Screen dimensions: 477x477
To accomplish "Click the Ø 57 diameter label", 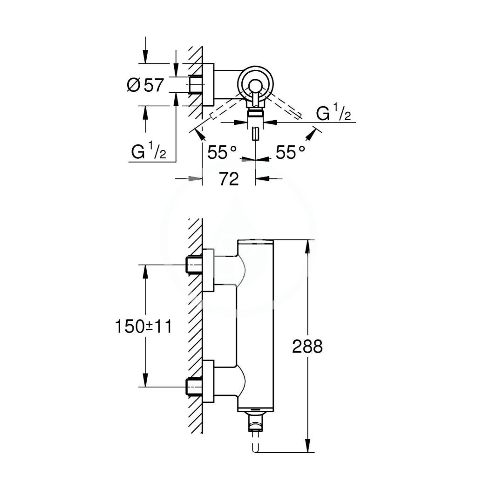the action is coord(145,85).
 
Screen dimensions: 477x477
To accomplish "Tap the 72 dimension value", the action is coord(229,179).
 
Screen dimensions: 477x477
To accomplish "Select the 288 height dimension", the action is coord(307,346).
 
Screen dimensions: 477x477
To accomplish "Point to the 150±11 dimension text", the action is coord(143,327).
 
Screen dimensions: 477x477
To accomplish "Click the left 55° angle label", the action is coord(222,152).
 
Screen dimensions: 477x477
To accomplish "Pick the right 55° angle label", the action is coord(290,152).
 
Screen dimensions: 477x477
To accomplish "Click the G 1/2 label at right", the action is coord(334,112).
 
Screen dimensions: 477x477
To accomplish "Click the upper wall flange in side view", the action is coord(208,270).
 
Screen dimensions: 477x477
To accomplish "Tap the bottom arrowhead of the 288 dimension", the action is coord(308,445).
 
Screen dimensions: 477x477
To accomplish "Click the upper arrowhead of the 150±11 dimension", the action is coord(145,272).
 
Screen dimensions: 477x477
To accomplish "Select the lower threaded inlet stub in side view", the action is coord(195,387).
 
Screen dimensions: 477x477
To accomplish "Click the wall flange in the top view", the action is coord(208,85).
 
